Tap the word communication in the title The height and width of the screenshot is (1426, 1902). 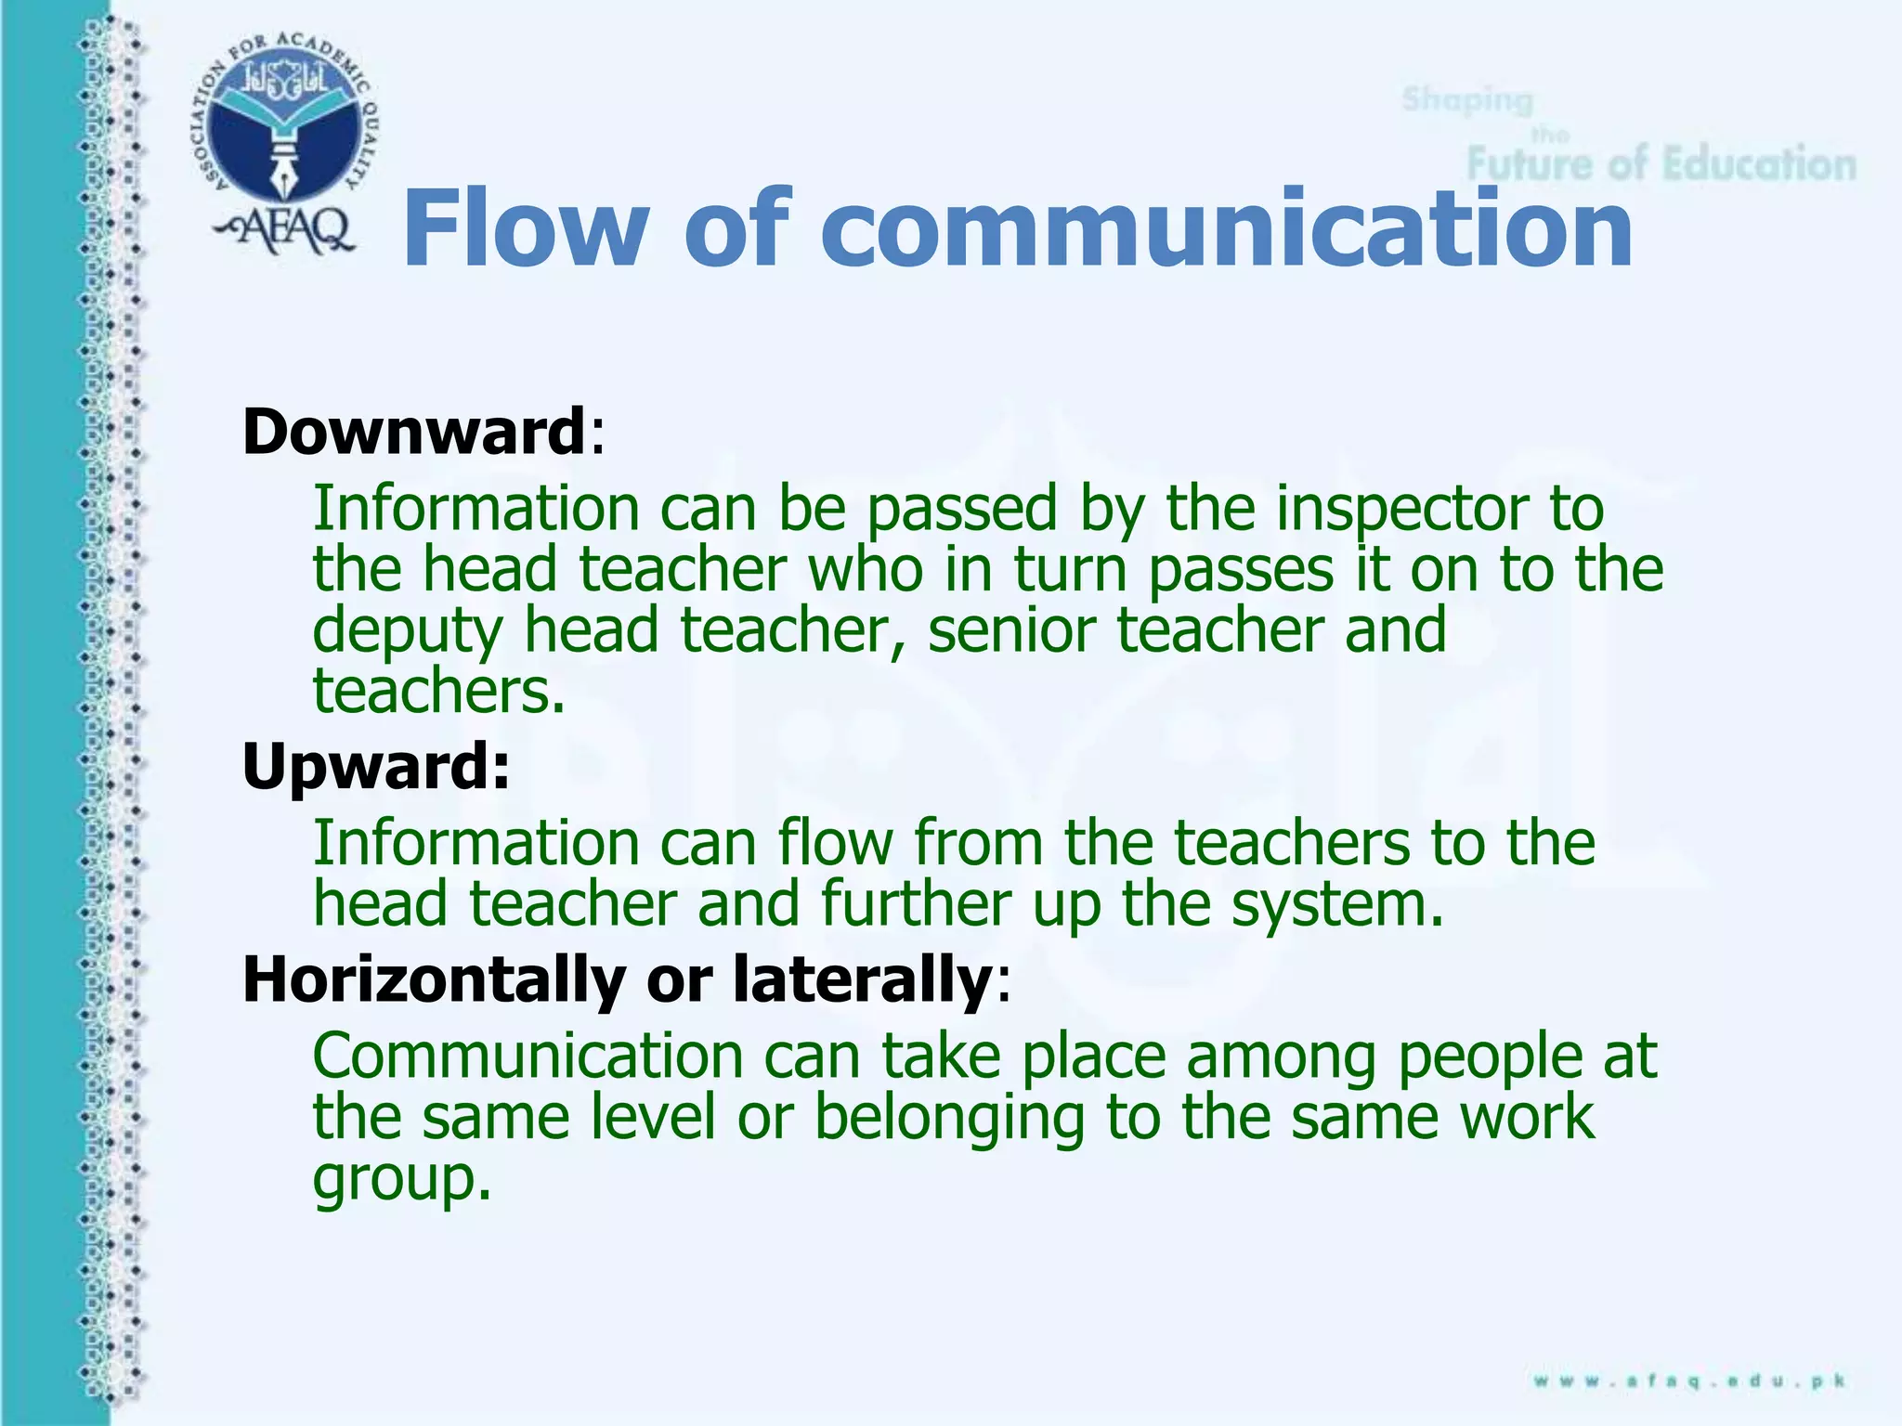(x=1226, y=227)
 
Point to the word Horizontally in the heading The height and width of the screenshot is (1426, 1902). (x=434, y=979)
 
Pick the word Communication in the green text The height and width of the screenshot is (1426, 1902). (x=528, y=1057)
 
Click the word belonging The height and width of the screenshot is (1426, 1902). (x=949, y=1119)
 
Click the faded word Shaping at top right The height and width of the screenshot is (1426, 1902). (x=1466, y=99)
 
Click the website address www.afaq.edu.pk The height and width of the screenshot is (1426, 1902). (x=1688, y=1381)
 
